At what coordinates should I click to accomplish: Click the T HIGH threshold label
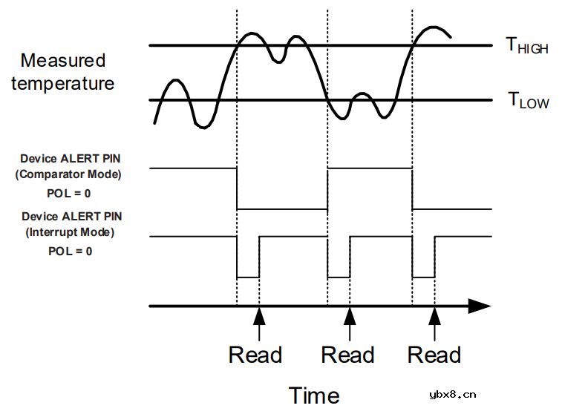527,45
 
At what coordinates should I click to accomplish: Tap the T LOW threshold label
529,100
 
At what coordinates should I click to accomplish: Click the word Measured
63,60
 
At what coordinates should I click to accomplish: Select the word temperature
62,83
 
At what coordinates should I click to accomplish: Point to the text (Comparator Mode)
68,174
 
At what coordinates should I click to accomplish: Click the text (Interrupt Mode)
70,232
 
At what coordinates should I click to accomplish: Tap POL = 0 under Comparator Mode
69,194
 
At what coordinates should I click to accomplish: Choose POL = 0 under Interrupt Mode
71,252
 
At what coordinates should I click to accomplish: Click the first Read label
255,355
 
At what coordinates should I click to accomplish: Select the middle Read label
347,355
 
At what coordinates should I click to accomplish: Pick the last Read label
434,355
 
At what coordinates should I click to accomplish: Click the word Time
314,396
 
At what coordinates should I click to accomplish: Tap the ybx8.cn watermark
453,395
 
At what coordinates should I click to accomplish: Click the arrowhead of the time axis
480,306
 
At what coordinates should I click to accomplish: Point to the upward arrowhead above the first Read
259,316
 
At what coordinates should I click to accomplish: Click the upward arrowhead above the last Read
435,316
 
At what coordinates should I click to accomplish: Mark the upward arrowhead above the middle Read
350,316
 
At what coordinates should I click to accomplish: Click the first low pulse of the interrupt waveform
248,278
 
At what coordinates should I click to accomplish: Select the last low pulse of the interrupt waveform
424,278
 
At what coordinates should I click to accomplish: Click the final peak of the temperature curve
434,27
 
